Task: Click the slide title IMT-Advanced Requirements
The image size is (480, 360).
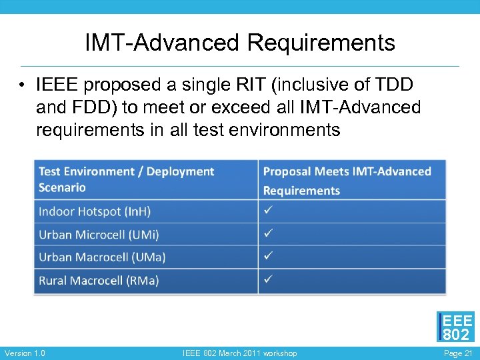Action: pos(240,43)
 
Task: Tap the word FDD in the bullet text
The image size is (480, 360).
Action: pos(89,107)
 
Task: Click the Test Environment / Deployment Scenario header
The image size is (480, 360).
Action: pos(126,179)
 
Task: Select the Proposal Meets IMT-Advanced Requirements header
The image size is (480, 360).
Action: pos(347,181)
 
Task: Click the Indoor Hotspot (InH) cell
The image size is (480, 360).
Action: pos(95,211)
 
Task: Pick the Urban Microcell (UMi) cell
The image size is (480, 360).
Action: pos(99,235)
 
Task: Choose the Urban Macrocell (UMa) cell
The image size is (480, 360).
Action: pos(102,257)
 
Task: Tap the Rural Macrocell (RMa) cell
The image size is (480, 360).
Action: pos(99,281)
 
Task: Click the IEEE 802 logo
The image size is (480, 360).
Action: pos(456,327)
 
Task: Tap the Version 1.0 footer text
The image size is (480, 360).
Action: pos(25,353)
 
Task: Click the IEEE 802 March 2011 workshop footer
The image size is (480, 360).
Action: pos(240,353)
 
